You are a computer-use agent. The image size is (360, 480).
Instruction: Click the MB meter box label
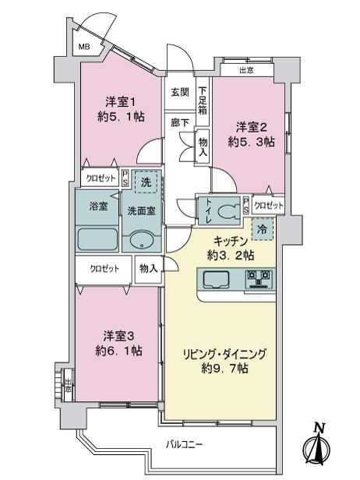84,47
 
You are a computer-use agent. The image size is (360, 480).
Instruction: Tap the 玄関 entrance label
180,92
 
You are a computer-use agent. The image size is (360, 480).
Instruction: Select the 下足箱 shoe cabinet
203,101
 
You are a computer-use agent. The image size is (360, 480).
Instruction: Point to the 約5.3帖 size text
251,142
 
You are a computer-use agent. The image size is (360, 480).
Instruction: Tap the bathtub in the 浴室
97,238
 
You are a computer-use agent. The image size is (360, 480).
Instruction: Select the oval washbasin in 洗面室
142,240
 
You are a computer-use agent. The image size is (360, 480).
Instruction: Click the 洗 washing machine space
146,182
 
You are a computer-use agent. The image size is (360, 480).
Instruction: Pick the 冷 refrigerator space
262,229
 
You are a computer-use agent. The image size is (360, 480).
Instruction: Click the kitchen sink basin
216,280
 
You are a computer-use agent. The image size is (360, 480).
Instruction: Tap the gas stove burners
259,279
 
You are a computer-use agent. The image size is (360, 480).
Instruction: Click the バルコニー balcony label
185,444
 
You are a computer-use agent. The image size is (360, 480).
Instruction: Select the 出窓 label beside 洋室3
68,385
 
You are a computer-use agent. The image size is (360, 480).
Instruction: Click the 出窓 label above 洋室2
246,70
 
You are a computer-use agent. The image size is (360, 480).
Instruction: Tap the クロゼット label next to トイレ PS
269,205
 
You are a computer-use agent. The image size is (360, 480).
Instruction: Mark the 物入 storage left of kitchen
149,269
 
